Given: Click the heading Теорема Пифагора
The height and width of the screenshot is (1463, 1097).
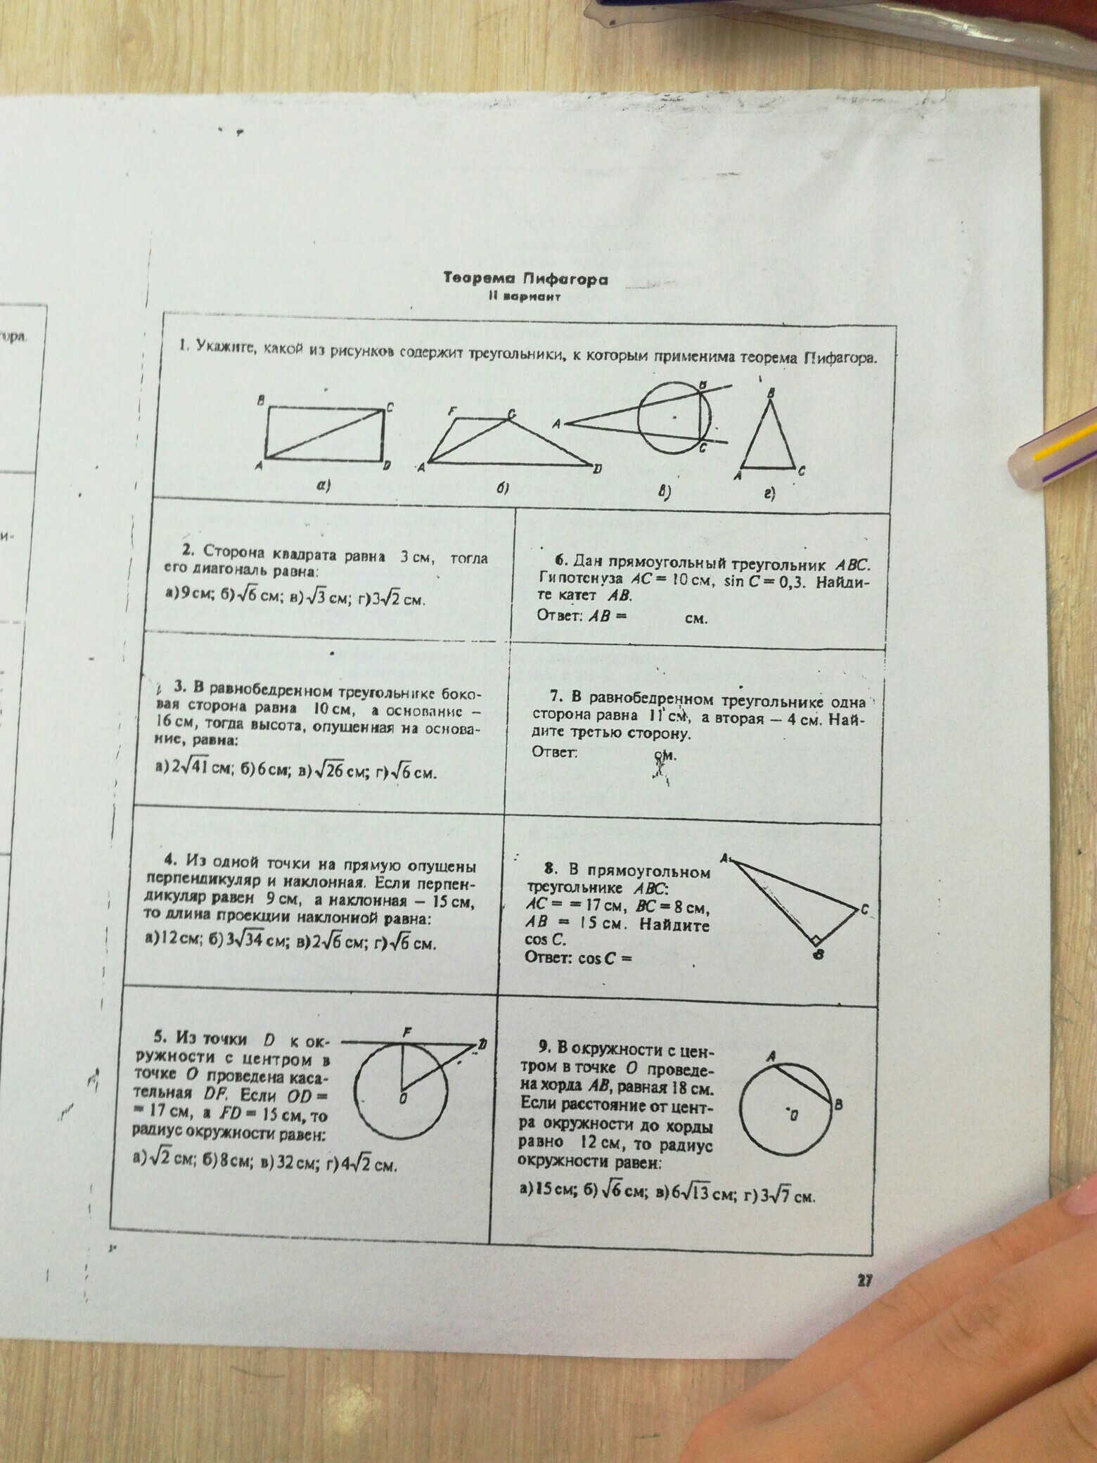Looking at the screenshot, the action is click(525, 279).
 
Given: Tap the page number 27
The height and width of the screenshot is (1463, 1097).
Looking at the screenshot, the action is click(864, 1282).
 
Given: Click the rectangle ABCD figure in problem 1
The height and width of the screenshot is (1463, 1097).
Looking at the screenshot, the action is click(326, 433).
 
